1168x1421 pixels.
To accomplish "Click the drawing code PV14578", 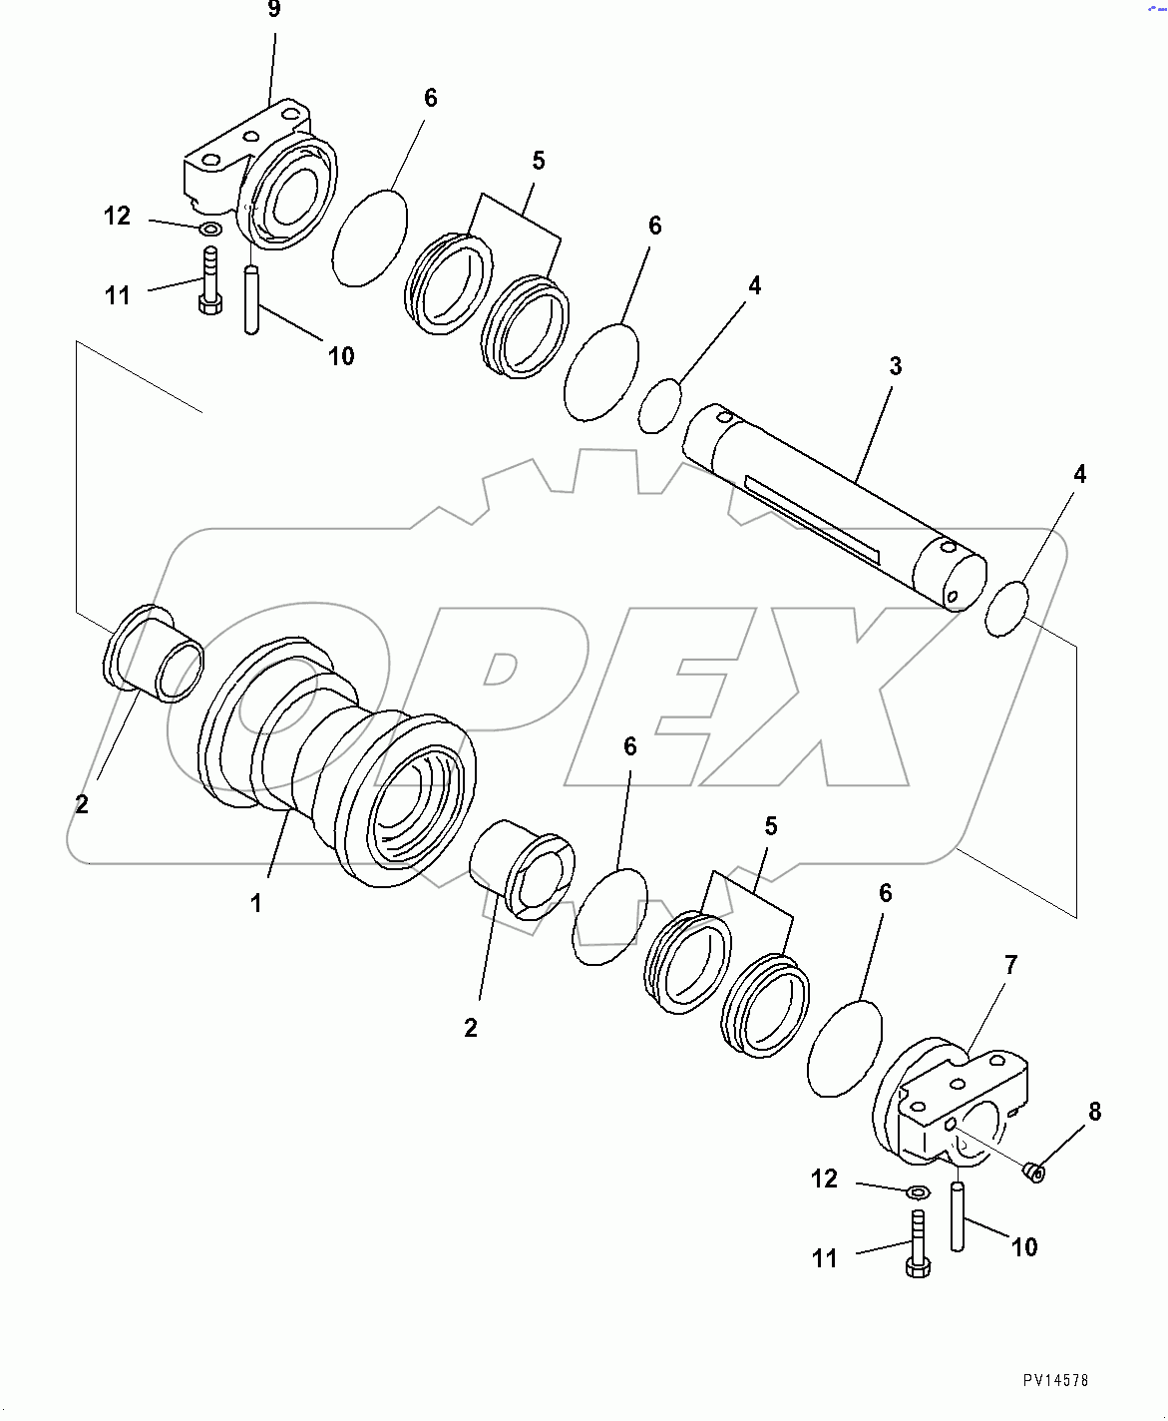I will click(x=1055, y=1380).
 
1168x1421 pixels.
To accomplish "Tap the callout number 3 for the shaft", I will click(x=895, y=366).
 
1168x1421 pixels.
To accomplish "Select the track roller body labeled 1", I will click(x=334, y=768).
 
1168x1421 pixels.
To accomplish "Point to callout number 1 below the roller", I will click(x=256, y=903).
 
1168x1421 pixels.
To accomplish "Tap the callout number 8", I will click(x=1094, y=1111).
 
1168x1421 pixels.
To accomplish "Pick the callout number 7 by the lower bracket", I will click(x=1010, y=965).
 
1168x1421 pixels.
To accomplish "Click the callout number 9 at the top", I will click(x=273, y=10).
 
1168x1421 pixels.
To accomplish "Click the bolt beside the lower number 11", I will click(x=918, y=1242).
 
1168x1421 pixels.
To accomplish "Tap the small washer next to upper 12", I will click(x=210, y=230).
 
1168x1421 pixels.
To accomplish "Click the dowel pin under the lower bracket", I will click(x=958, y=1215).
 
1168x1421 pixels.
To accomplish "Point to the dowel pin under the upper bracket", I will click(x=251, y=298).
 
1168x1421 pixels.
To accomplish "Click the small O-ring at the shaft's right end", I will click(x=1005, y=608).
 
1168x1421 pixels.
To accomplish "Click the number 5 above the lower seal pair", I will click(x=770, y=826).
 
